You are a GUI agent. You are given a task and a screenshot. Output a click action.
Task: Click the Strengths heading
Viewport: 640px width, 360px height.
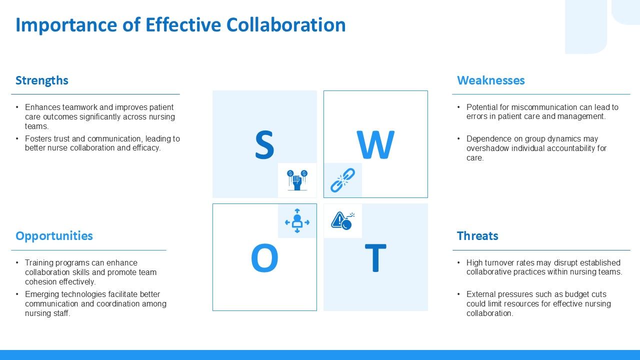coord(41,80)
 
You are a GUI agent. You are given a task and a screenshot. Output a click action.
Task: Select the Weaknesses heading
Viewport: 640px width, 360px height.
coord(490,80)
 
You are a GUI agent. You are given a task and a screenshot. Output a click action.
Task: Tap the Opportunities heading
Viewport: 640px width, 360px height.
coord(54,236)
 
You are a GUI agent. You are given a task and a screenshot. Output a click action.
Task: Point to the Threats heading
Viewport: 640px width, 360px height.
coord(477,236)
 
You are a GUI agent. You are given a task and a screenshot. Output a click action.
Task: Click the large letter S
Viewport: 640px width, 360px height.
coord(264,145)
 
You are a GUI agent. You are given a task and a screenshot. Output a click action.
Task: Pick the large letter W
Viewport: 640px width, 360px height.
coord(375,145)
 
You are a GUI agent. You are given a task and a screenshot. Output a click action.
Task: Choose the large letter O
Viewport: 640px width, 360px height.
coord(264,259)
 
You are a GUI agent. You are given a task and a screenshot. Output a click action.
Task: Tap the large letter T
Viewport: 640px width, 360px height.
coord(375,259)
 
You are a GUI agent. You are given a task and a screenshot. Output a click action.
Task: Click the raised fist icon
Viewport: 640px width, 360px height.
coord(297,180)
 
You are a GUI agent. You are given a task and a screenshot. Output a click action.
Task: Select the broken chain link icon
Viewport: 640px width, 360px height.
coord(342,180)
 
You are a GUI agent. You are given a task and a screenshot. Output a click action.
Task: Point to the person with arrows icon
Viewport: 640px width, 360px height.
coord(297,221)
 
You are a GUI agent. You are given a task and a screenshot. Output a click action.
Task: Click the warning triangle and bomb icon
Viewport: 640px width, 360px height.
coord(342,220)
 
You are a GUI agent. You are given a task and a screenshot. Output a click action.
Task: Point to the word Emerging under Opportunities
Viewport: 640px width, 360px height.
coord(42,294)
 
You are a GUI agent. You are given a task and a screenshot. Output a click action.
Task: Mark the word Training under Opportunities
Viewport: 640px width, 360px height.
coord(39,262)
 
